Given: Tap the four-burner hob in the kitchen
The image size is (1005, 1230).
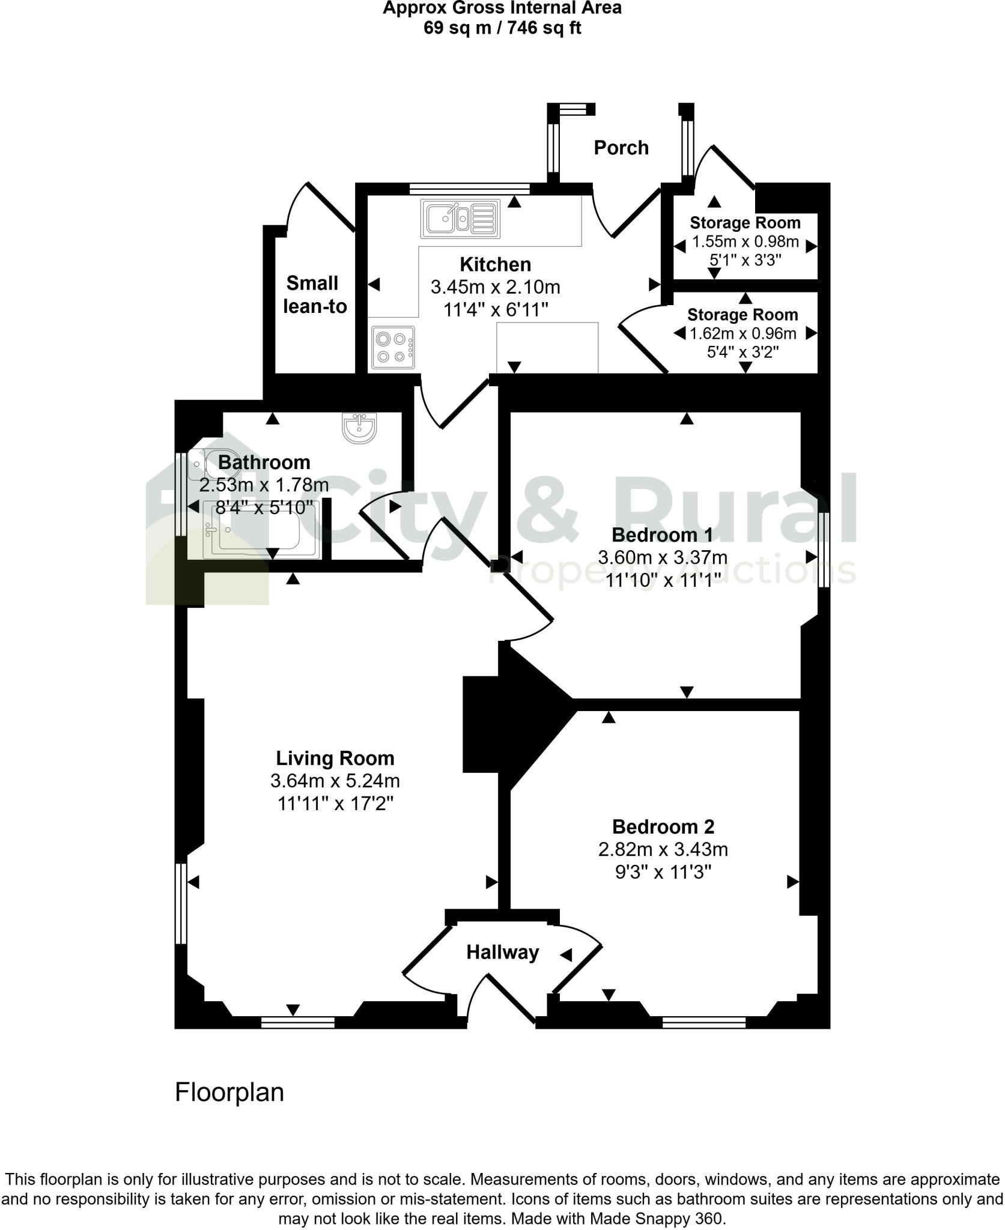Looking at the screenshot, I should (393, 347).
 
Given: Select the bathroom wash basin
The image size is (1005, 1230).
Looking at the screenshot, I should (360, 428).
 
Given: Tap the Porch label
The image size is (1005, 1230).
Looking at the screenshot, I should (621, 148).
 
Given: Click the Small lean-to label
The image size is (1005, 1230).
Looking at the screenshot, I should (315, 295).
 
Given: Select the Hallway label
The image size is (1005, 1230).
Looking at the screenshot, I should (502, 952).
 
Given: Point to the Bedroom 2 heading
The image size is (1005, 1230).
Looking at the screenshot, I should (663, 826).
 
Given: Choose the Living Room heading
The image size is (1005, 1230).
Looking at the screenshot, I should (335, 758).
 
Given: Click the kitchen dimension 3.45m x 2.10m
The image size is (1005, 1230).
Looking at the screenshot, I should (495, 287).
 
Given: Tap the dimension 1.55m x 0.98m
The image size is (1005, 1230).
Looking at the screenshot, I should (745, 242).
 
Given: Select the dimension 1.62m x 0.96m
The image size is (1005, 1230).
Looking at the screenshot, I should (742, 333).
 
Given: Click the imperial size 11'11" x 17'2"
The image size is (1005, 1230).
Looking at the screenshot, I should (335, 803).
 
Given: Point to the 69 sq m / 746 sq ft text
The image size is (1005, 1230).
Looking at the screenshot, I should (502, 28).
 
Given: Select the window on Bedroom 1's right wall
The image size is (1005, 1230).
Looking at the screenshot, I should (825, 549).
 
